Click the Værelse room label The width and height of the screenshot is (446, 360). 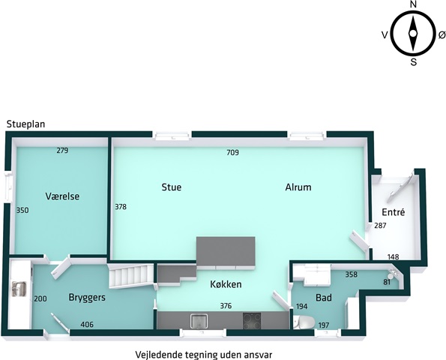(62, 196)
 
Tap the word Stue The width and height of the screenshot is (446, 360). (172, 187)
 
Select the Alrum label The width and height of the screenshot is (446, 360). (298, 187)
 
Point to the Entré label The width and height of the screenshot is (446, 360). (394, 212)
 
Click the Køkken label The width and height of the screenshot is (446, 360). (226, 284)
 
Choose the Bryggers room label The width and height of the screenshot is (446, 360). (87, 298)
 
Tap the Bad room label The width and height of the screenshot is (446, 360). (324, 298)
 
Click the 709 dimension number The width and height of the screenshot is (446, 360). (232, 152)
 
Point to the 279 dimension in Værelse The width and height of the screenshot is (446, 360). (62, 150)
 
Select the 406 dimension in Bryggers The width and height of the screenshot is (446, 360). (87, 325)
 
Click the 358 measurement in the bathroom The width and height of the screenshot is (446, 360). (352, 274)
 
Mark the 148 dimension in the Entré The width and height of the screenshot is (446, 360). (394, 257)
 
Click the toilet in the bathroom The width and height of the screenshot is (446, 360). (304, 322)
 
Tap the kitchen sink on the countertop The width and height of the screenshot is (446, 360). (199, 321)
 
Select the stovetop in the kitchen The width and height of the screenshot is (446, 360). (252, 321)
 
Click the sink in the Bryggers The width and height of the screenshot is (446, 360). (19, 289)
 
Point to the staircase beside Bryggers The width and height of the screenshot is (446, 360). (132, 276)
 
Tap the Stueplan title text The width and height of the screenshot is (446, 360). (26, 124)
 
